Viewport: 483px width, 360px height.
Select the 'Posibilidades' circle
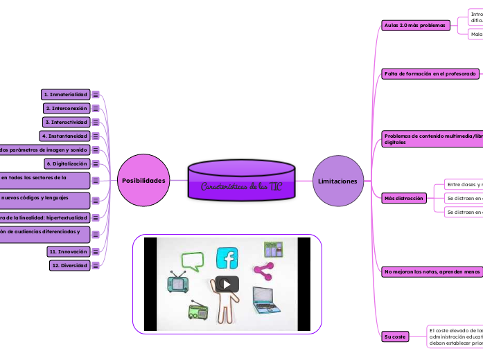[143, 181]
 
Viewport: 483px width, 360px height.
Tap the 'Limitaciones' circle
[338, 181]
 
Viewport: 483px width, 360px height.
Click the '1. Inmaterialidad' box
[65, 94]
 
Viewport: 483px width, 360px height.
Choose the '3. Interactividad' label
[67, 122]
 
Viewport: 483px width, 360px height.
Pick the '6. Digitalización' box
[67, 163]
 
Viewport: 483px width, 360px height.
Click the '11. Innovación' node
[68, 251]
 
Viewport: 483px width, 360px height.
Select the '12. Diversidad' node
[69, 265]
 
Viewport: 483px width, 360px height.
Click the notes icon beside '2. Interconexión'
[96, 109]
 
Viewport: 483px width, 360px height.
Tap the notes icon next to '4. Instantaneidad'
[96, 136]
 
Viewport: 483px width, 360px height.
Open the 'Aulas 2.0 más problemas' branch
[415, 26]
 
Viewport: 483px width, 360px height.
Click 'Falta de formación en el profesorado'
[430, 73]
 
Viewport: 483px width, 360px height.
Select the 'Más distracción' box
[403, 198]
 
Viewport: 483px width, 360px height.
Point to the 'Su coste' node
[395, 336]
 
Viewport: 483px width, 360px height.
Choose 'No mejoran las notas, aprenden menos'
[432, 272]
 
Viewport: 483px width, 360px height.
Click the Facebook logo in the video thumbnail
[227, 258]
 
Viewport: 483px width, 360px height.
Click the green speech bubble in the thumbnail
[193, 262]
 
